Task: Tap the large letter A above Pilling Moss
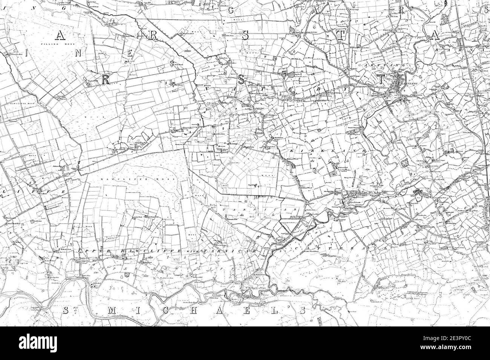pos(60,35)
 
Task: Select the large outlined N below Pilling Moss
pos(78,53)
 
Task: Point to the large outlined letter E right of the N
pos(129,54)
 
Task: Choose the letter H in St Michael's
pos(202,310)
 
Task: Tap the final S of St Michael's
pos(302,310)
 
